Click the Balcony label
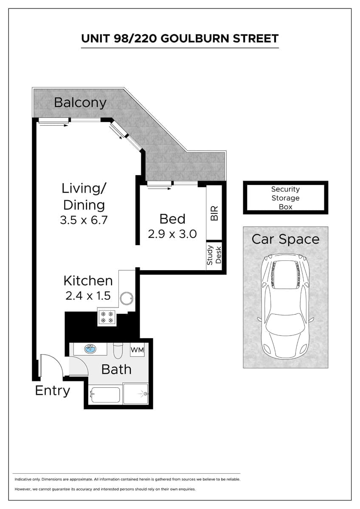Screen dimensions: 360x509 click(80, 103)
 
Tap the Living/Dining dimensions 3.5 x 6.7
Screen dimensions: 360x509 click(84, 220)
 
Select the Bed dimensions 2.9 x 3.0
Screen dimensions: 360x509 click(172, 234)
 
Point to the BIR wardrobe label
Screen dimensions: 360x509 click(214, 213)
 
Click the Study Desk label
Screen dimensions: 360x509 click(214, 255)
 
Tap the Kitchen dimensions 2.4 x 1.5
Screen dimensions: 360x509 click(88, 296)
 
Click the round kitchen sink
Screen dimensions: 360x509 click(127, 298)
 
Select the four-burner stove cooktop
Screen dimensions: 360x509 click(107, 317)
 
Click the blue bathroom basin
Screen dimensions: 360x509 click(90, 349)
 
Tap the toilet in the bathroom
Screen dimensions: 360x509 click(118, 350)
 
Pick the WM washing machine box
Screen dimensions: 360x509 click(137, 350)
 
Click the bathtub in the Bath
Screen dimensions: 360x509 click(105, 395)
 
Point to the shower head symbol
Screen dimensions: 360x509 click(146, 394)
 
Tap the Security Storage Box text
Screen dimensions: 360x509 click(285, 198)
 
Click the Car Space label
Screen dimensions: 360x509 click(285, 239)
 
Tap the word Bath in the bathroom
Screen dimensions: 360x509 click(116, 369)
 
